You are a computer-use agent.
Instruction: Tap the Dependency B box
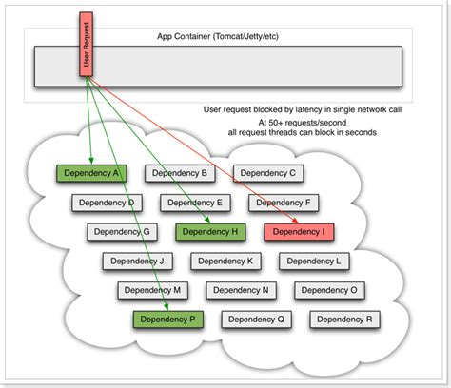click(179, 173)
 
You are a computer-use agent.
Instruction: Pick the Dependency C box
click(267, 173)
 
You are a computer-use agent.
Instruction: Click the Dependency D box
click(107, 203)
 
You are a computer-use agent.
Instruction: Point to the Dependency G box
click(123, 231)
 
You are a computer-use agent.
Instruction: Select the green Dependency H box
click(211, 231)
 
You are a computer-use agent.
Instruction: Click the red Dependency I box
click(299, 231)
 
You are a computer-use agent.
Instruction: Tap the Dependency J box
click(136, 261)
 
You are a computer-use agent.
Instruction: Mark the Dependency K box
click(225, 261)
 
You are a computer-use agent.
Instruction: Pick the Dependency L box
click(313, 261)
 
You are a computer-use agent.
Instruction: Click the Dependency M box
click(152, 290)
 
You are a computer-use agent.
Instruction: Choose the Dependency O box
click(328, 290)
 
